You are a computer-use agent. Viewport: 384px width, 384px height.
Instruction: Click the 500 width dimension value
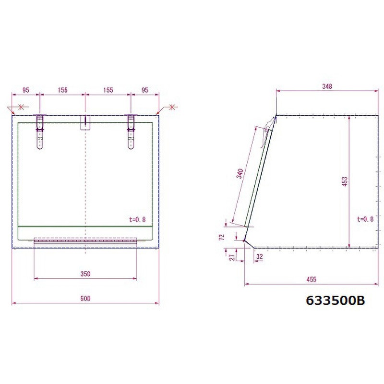click(85, 299)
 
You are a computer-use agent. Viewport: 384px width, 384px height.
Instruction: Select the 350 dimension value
click(85, 274)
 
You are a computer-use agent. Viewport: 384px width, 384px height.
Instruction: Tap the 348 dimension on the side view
click(327, 86)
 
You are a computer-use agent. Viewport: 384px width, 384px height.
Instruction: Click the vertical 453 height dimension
click(344, 181)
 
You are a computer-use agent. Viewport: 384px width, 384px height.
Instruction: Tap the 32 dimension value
click(260, 257)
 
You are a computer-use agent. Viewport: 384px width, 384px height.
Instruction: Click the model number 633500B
click(336, 301)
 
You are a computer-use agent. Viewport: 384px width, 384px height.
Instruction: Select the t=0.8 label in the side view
click(365, 219)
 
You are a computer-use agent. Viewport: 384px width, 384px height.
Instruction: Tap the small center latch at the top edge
click(85, 122)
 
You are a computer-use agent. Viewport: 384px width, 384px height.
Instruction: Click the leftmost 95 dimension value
click(26, 90)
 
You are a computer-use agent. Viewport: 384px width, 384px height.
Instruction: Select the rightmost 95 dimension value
click(145, 90)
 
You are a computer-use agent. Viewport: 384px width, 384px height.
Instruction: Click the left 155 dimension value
click(62, 90)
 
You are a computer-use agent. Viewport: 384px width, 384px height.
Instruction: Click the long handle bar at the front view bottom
click(85, 240)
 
